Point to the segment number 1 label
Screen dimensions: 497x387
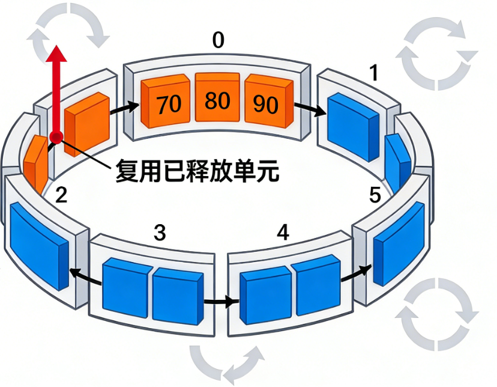pyautogui.click(x=373, y=73)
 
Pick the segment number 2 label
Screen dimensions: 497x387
pyautogui.click(x=61, y=195)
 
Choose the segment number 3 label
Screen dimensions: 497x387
pyautogui.click(x=159, y=233)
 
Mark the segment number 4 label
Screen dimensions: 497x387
pyautogui.click(x=283, y=232)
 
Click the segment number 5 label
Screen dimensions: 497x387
pyautogui.click(x=375, y=195)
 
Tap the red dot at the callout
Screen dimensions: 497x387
pyautogui.click(x=57, y=137)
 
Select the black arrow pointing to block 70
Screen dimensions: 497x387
pyautogui.click(x=125, y=108)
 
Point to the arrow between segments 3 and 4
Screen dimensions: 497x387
pyautogui.click(x=218, y=300)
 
